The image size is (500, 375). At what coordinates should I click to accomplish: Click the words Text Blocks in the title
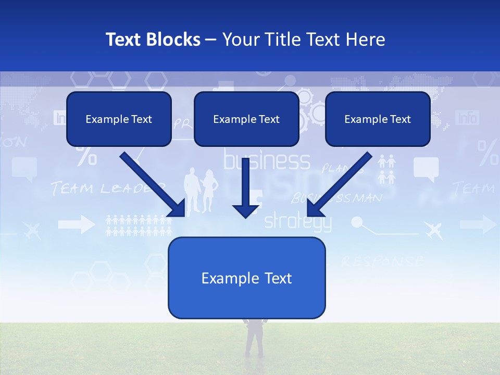click(x=153, y=40)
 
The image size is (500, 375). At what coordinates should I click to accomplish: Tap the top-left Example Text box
click(x=119, y=119)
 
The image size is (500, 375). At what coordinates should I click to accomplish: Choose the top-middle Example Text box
click(x=246, y=119)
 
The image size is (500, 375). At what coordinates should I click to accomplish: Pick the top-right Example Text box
click(x=378, y=119)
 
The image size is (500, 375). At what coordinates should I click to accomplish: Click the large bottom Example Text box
click(x=246, y=278)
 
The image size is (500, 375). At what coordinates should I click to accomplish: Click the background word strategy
click(x=297, y=222)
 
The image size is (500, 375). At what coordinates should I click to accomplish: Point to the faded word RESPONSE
click(x=383, y=261)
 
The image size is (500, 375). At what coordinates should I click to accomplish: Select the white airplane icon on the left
click(x=32, y=229)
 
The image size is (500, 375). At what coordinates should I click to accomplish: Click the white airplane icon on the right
click(x=433, y=229)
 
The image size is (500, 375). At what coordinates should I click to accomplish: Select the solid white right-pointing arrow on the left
click(x=76, y=225)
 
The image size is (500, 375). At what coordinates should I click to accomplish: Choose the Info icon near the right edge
click(x=467, y=118)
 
